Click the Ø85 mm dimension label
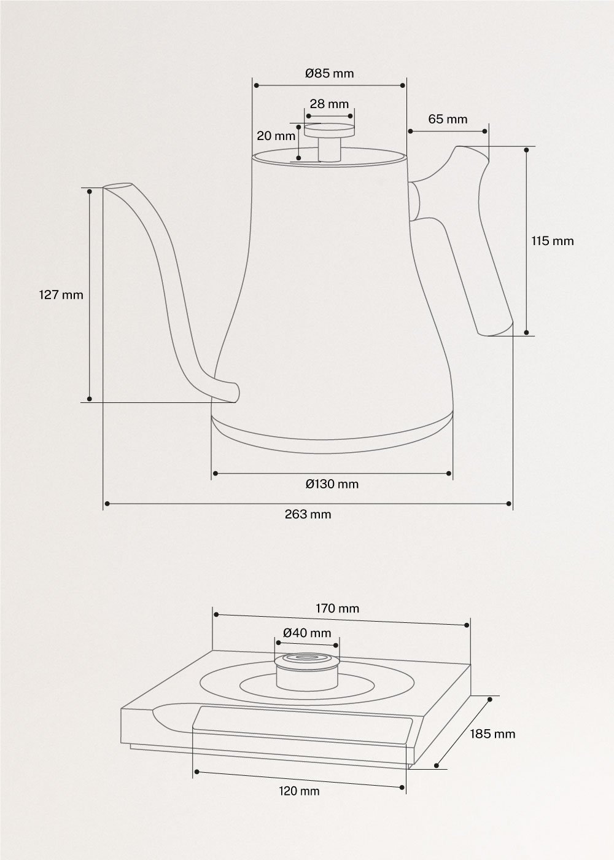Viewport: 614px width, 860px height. pos(329,73)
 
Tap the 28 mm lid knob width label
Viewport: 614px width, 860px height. pos(329,104)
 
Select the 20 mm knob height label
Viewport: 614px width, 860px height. pos(276,136)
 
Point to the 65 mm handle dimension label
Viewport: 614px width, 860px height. pos(448,119)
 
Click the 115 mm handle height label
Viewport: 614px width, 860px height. pos(553,241)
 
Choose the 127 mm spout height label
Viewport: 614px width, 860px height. pos(61,295)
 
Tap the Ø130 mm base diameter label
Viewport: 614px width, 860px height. pos(332,484)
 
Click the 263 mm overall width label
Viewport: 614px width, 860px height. pos(308,514)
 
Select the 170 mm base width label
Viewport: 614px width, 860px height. pos(338,609)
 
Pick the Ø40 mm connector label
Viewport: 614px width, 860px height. pos(307,633)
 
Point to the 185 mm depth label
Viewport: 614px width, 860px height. pos(492,733)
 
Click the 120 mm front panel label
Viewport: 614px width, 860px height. pos(299,791)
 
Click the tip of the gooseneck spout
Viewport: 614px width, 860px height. pos(117,187)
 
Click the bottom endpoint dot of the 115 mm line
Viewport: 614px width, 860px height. pos(527,332)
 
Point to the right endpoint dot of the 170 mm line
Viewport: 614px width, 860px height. pos(467,625)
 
